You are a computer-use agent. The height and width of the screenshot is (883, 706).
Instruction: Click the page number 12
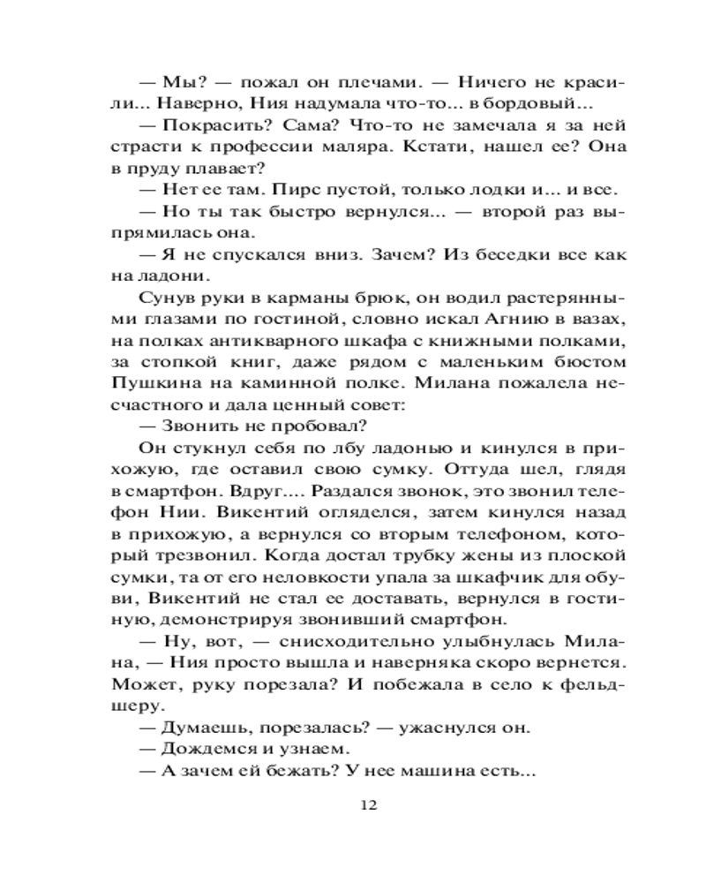369,804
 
